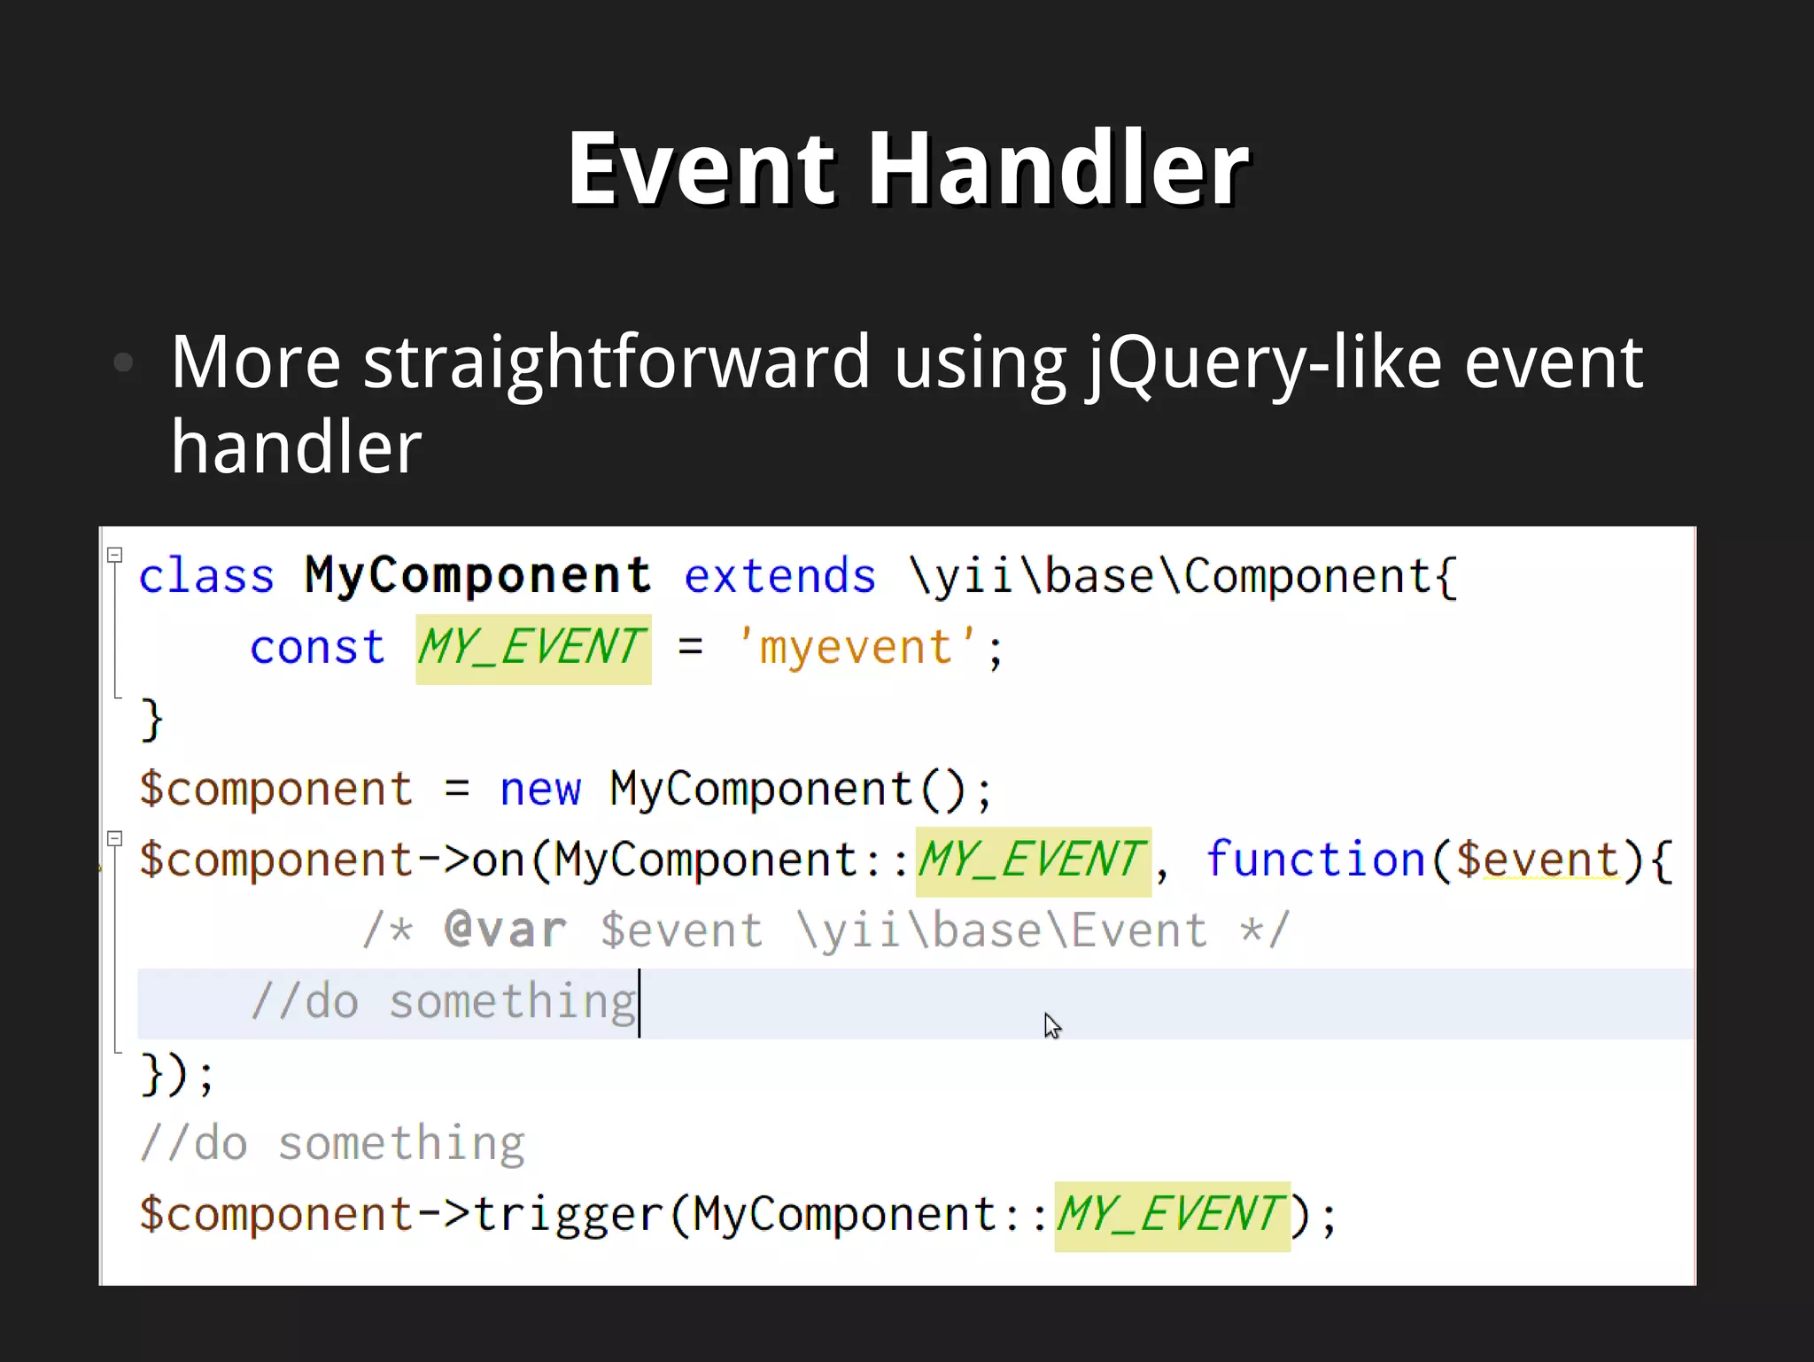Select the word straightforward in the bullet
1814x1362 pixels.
pos(616,362)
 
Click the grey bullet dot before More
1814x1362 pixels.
pos(124,362)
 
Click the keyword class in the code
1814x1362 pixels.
pos(206,577)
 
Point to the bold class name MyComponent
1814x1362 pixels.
pos(477,577)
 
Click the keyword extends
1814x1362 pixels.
pos(779,577)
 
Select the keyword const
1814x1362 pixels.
pos(317,648)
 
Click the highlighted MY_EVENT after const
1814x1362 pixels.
pos(533,648)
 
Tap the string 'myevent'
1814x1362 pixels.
pos(857,648)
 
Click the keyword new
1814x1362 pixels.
pos(540,790)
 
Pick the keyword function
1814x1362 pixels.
pos(1315,860)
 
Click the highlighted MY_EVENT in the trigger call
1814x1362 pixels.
pos(1171,1215)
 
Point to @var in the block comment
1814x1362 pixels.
pos(505,930)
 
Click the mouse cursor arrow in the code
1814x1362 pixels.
pos(1051,1025)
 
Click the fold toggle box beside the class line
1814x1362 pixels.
pos(114,555)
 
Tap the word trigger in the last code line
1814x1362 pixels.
pos(568,1215)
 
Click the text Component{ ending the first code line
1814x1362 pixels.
pos(1320,577)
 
